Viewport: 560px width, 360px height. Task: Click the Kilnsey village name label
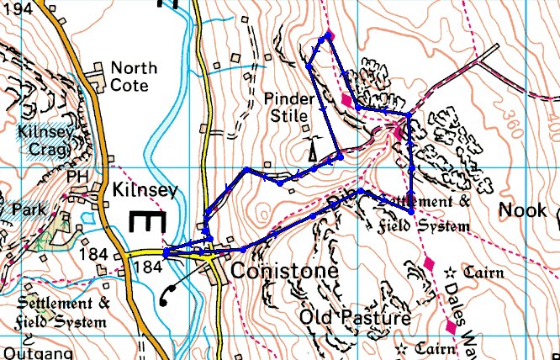[145, 191]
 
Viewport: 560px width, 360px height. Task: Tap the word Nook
[520, 209]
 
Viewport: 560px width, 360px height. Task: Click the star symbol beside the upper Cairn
[449, 272]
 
